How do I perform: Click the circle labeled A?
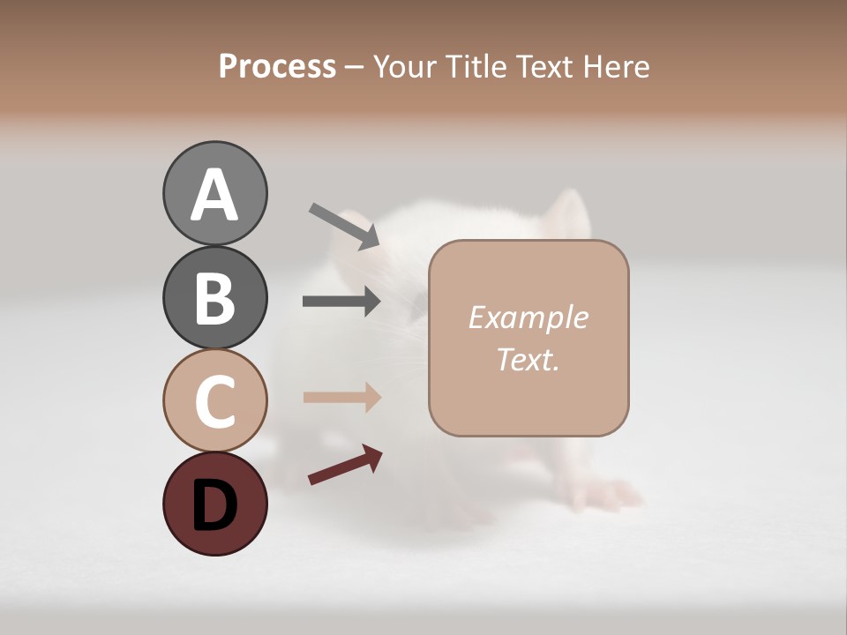point(214,193)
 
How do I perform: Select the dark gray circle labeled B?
point(214,298)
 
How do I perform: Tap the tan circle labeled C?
point(214,400)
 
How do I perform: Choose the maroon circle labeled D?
point(214,504)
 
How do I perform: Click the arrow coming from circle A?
point(344,226)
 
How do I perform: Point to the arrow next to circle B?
point(341,302)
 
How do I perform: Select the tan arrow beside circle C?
point(341,397)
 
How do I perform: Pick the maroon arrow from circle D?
point(345,466)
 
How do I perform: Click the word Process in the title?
point(277,66)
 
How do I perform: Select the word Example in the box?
point(528,317)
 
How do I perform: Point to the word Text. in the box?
point(528,360)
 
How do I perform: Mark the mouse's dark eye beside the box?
point(416,305)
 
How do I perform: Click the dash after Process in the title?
point(354,67)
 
